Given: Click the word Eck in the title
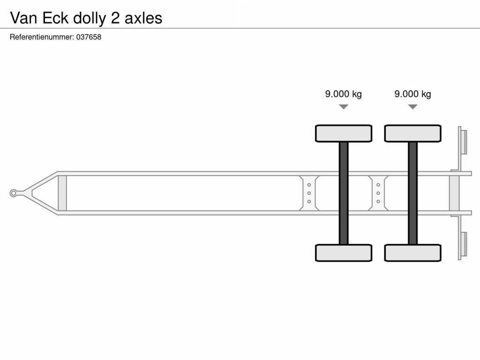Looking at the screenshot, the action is point(55,18).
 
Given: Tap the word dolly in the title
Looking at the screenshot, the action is point(90,18).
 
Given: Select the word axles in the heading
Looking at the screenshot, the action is point(143,18).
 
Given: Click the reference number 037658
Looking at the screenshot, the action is point(89,37).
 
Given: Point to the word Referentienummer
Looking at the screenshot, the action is point(42,37).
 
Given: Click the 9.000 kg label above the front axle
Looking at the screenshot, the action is point(344,94).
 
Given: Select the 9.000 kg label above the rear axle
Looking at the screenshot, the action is point(412,94).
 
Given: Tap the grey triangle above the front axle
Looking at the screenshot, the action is point(344,106).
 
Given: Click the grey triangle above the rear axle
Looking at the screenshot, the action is point(412,106).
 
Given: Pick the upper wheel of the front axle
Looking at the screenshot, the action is point(344,134).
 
